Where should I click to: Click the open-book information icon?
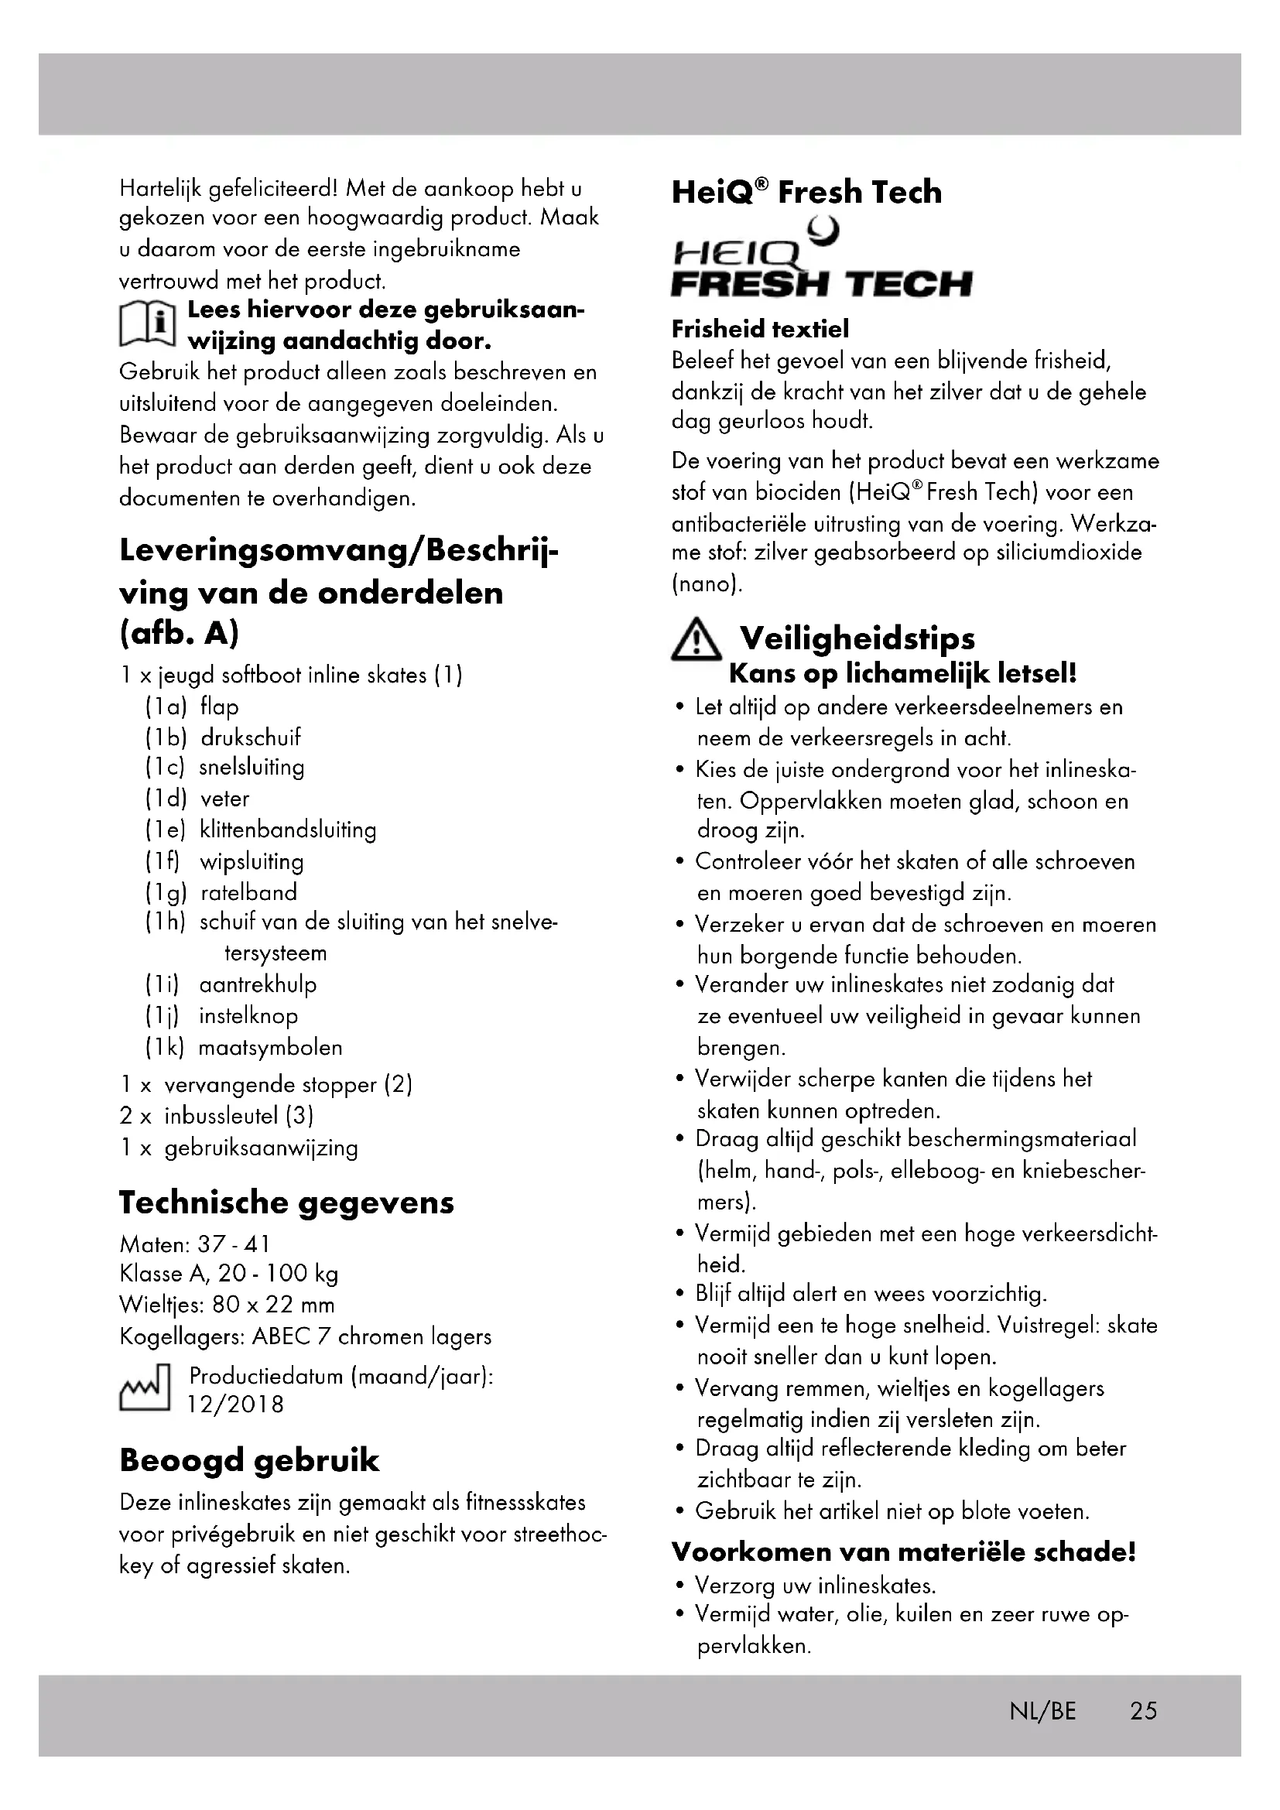[146, 324]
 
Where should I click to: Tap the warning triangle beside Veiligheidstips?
[695, 641]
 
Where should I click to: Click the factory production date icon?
[144, 1390]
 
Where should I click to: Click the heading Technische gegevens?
[286, 1203]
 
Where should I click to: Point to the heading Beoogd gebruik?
[249, 1461]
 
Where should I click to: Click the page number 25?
[1143, 1712]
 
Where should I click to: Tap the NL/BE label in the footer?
[1042, 1712]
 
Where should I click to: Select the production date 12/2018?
[235, 1405]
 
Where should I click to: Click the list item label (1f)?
[163, 861]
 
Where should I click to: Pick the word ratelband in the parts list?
[248, 892]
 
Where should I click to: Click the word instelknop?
[248, 1016]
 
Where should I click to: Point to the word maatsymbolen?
[270, 1048]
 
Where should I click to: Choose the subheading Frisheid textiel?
[760, 329]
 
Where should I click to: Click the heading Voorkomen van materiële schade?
[903, 1552]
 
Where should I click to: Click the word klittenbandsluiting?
[288, 830]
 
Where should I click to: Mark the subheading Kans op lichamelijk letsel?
[902, 673]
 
